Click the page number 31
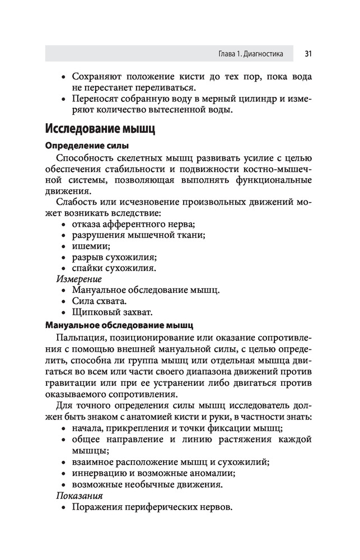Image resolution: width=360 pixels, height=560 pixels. point(308,54)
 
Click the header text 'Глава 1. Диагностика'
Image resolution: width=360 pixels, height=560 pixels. point(250,54)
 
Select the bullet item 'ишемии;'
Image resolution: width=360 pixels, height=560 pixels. point(91,246)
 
